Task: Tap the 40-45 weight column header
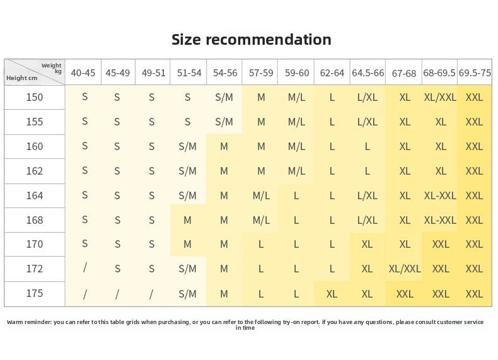[83, 73]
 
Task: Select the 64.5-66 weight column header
[368, 73]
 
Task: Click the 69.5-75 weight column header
[475, 73]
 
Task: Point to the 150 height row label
[34, 97]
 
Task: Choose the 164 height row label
[34, 195]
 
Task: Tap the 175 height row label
[34, 293]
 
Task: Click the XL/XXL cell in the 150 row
[440, 97]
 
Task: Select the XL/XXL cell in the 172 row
[404, 269]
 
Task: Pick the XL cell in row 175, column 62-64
[332, 294]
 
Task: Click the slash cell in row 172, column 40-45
[84, 268]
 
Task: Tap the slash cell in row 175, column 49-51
[151, 294]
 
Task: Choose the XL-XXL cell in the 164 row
[440, 195]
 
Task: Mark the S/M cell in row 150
[224, 97]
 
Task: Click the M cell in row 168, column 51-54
[187, 220]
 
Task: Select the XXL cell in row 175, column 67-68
[405, 294]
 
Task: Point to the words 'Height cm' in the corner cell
[21, 78]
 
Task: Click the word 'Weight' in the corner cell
[51, 66]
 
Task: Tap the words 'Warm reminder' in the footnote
[29, 322]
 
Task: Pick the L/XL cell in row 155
[368, 122]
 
